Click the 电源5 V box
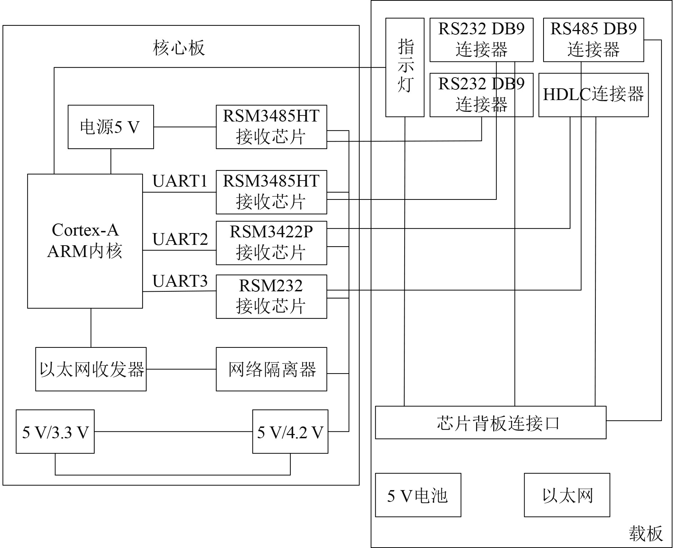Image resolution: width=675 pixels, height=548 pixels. pyautogui.click(x=111, y=127)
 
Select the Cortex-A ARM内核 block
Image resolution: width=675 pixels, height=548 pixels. pyautogui.click(x=85, y=241)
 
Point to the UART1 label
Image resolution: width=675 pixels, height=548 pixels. pyautogui.click(x=180, y=181)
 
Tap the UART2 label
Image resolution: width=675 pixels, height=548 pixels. pyautogui.click(x=180, y=239)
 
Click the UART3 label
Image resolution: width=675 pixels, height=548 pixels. pyautogui.click(x=180, y=281)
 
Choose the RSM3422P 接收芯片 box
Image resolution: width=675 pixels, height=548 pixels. pyautogui.click(x=271, y=243)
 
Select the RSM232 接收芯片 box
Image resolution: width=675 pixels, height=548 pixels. pyautogui.click(x=271, y=296)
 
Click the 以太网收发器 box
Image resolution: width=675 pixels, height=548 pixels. pyautogui.click(x=91, y=369)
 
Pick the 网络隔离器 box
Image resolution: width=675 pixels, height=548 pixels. pyautogui.click(x=271, y=369)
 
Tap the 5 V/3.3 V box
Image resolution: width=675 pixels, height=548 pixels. pyautogui.click(x=55, y=431)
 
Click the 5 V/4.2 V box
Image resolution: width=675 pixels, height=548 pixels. pyautogui.click(x=290, y=431)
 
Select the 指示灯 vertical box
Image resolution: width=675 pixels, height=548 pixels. pyautogui.click(x=405, y=67)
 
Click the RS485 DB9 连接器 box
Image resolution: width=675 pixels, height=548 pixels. pyautogui.click(x=593, y=40)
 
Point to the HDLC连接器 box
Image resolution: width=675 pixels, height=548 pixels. pyautogui.click(x=593, y=95)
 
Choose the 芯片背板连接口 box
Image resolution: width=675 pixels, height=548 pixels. pyautogui.click(x=490, y=422)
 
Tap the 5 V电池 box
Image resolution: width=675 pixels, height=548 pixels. pyautogui.click(x=418, y=495)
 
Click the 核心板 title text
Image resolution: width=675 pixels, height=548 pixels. pyautogui.click(x=179, y=48)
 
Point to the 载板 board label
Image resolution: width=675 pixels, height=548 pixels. pyautogui.click(x=646, y=534)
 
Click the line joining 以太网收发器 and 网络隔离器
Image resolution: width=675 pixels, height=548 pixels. pyautogui.click(x=181, y=369)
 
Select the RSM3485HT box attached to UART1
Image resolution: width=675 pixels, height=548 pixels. pyautogui.click(x=271, y=192)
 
